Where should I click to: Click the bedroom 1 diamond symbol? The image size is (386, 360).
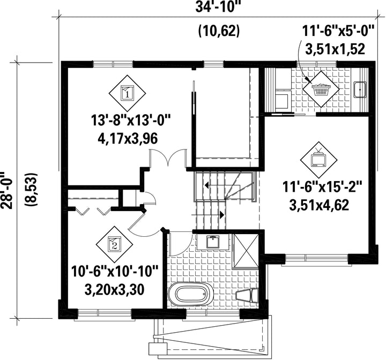click(x=127, y=93)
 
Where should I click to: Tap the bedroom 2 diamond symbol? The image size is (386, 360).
click(x=114, y=245)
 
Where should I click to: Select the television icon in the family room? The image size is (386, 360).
click(x=318, y=160)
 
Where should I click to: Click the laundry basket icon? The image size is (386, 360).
click(x=321, y=89)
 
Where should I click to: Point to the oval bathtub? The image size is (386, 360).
click(x=191, y=294)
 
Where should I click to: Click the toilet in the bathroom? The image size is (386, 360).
click(x=247, y=295)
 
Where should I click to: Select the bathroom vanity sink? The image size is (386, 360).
click(x=213, y=242)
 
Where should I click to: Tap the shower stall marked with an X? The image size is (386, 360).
click(x=246, y=250)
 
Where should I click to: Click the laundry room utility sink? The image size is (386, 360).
click(x=360, y=89)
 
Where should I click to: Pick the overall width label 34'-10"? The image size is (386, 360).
click(x=218, y=7)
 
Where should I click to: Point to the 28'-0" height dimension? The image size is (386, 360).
click(x=6, y=190)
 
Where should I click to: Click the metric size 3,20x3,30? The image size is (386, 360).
click(x=114, y=290)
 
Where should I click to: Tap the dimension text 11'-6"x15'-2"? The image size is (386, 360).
click(x=319, y=187)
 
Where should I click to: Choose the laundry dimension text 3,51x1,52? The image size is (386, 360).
click(x=335, y=49)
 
